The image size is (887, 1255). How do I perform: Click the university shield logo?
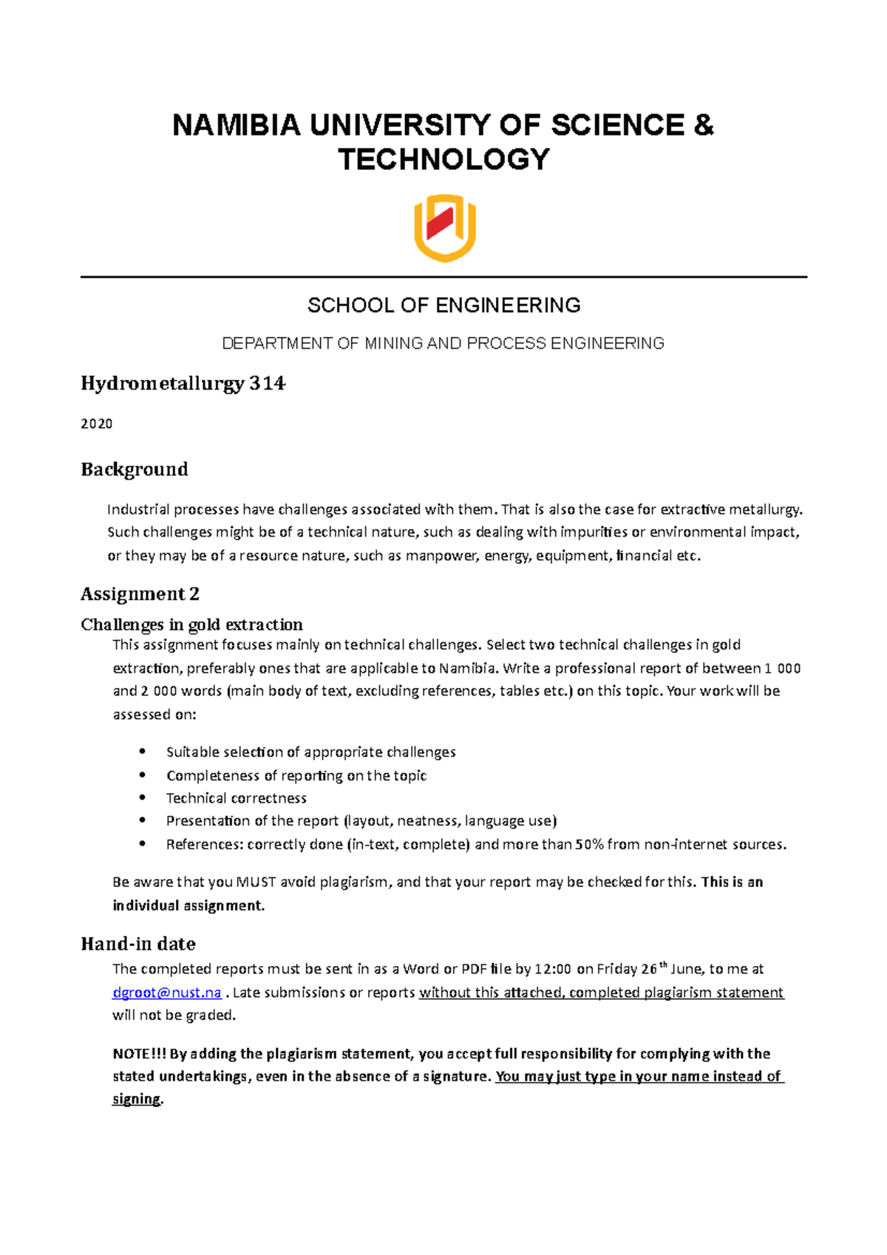(x=444, y=228)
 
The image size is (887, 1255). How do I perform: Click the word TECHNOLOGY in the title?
(x=444, y=160)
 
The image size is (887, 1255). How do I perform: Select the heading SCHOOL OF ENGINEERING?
(x=443, y=305)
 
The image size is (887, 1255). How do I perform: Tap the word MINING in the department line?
(x=394, y=343)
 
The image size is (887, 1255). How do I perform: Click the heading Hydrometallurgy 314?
(x=183, y=384)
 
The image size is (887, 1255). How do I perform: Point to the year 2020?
(x=97, y=424)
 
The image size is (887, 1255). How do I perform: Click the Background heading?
(x=134, y=469)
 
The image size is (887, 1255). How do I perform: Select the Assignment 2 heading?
(x=140, y=594)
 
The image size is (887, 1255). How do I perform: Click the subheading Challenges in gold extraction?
(x=191, y=625)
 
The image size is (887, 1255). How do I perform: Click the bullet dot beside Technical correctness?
(x=143, y=797)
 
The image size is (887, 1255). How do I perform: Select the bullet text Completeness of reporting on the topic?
(x=296, y=775)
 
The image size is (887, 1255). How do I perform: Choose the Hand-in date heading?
(x=137, y=944)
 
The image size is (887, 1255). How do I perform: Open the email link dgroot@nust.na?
(x=167, y=992)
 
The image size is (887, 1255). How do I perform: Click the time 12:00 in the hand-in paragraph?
(x=553, y=969)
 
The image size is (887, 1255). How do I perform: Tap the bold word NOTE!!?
(x=139, y=1053)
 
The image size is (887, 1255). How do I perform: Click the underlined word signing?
(x=136, y=1099)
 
